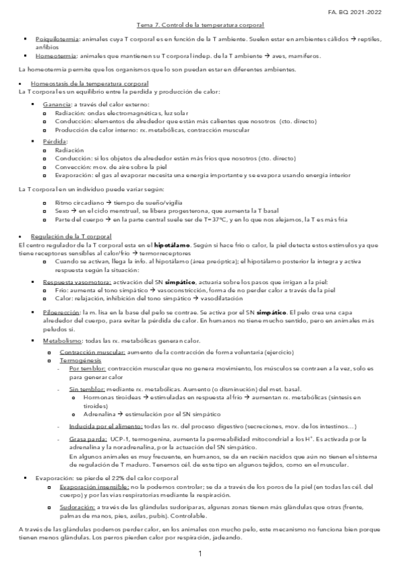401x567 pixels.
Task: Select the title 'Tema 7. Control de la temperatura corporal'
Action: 200,25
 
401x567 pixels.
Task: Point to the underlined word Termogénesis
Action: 78,360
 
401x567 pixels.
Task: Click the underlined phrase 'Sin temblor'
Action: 86,388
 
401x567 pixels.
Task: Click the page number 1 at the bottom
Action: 199,554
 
